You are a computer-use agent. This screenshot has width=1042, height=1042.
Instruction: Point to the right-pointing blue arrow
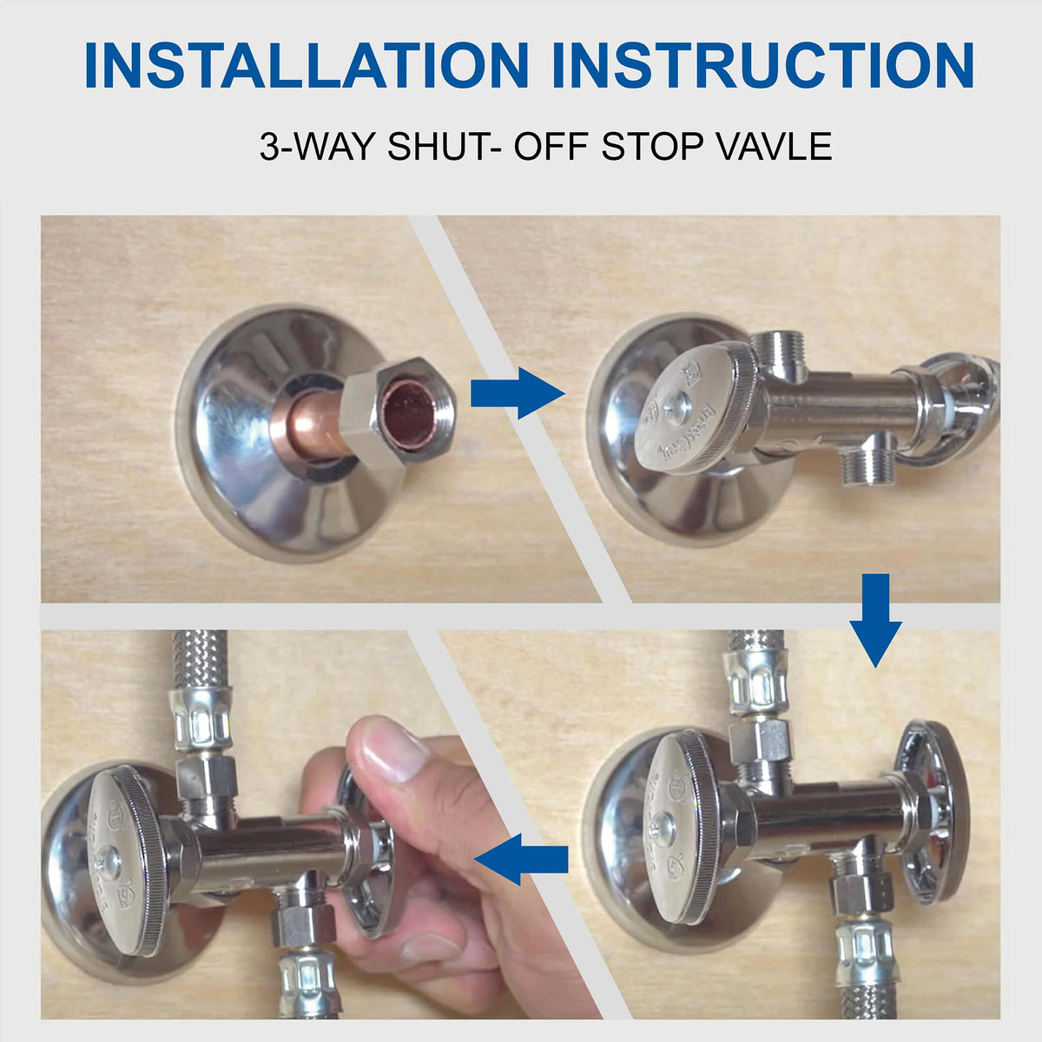coord(518,393)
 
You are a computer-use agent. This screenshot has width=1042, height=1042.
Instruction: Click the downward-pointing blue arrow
coord(875,620)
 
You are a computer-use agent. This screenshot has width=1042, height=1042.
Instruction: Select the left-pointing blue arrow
coord(521,859)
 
